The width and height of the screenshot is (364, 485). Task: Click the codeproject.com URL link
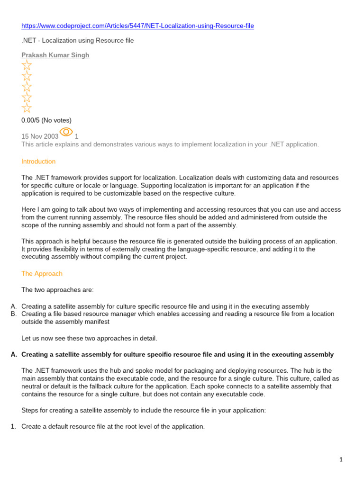click(x=137, y=26)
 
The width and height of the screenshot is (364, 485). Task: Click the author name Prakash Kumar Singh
click(x=55, y=55)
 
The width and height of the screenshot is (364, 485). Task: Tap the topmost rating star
click(x=27, y=65)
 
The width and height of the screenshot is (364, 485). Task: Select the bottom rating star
click(x=27, y=108)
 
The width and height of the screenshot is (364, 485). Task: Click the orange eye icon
click(x=66, y=132)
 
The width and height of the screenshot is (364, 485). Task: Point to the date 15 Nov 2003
click(x=40, y=136)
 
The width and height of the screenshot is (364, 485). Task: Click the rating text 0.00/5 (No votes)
click(x=46, y=120)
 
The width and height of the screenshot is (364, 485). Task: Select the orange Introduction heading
click(x=38, y=162)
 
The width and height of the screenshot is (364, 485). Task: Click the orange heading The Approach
click(x=42, y=274)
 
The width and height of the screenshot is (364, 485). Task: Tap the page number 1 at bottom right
click(x=341, y=459)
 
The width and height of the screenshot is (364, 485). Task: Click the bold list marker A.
click(x=14, y=355)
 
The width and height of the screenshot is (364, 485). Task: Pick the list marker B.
click(x=14, y=314)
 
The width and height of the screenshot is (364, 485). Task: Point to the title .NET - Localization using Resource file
click(x=78, y=41)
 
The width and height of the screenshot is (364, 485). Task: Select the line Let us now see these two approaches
click(x=89, y=339)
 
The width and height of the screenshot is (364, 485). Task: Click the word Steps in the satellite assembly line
click(x=30, y=411)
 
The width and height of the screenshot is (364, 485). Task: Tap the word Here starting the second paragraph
click(x=28, y=209)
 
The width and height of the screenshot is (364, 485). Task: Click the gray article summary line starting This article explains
click(x=170, y=144)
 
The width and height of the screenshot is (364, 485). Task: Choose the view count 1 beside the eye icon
click(x=77, y=136)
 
